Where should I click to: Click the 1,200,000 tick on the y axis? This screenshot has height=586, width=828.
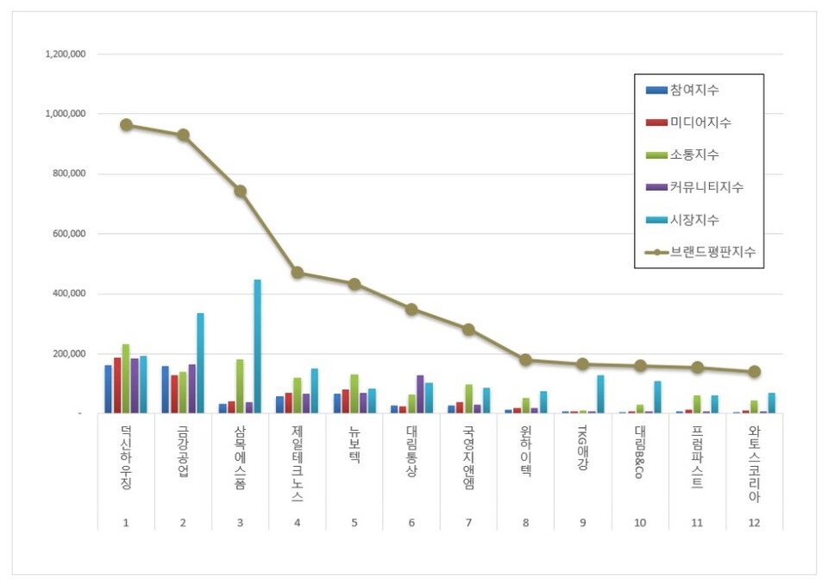(x=66, y=54)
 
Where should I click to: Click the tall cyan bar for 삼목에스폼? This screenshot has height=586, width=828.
(x=257, y=345)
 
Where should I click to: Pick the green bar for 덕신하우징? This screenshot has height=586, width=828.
(x=126, y=379)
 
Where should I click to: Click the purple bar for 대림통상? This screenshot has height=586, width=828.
(x=420, y=394)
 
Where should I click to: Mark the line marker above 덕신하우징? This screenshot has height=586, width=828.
(x=126, y=124)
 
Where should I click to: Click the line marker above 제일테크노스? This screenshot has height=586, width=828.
(x=298, y=273)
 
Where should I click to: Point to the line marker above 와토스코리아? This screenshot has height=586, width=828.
(x=754, y=372)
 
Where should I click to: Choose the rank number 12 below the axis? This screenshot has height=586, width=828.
(x=754, y=523)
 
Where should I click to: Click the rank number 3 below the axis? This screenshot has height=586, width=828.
(x=240, y=523)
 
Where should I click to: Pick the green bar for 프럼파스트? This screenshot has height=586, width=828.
(x=697, y=404)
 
